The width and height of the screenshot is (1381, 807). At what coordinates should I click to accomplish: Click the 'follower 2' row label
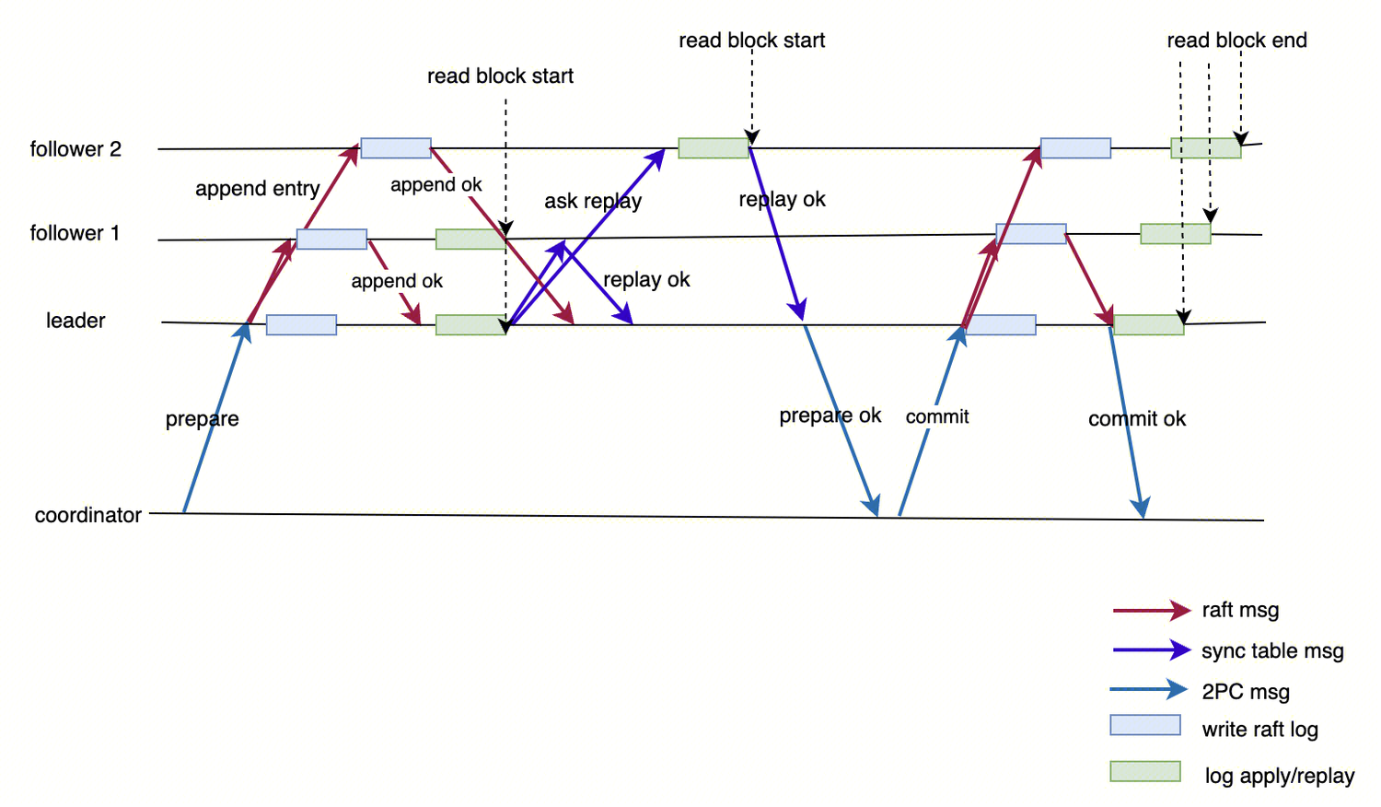tap(75, 149)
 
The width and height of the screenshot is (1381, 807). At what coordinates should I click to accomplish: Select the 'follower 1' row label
tap(75, 233)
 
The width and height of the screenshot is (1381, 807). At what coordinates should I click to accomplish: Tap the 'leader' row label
tap(75, 321)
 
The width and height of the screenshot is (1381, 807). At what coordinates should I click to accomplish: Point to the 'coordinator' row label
tap(88, 515)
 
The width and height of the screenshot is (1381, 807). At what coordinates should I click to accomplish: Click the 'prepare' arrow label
tap(203, 419)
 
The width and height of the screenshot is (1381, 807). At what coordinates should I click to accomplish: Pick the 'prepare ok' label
tap(830, 415)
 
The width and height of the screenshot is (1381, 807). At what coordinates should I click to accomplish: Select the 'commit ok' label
tap(1137, 419)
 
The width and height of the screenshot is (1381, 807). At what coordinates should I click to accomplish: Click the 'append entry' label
tap(258, 189)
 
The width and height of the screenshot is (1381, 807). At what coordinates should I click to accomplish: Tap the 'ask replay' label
tap(593, 201)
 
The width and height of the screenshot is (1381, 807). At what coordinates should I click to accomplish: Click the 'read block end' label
tap(1236, 41)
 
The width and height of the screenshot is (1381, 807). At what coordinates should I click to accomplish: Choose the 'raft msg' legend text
tap(1240, 610)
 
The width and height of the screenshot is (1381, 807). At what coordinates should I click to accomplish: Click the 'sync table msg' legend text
tap(1272, 651)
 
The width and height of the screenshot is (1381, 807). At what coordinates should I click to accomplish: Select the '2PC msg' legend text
tap(1246, 692)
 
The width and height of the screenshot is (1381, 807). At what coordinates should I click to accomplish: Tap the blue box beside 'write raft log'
tap(1145, 725)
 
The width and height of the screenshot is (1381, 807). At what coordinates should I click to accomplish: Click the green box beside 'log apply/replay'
tap(1145, 771)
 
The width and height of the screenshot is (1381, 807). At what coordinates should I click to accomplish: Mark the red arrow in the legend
tap(1151, 610)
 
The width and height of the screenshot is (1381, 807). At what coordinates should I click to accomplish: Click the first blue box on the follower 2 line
tap(396, 147)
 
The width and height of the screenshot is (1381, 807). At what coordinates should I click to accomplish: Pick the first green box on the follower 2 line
tap(714, 147)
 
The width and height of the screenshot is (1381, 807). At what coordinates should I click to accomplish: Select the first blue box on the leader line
tap(301, 324)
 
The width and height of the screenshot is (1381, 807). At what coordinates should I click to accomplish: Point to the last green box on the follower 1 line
tap(1176, 233)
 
